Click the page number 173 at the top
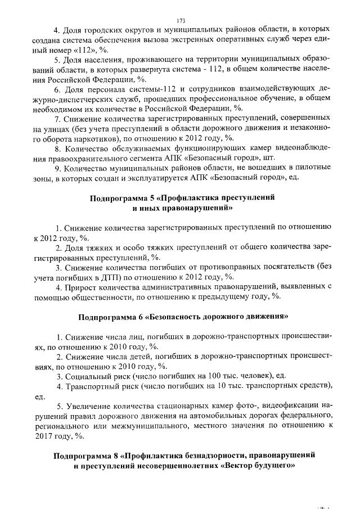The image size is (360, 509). pos(181,19)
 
